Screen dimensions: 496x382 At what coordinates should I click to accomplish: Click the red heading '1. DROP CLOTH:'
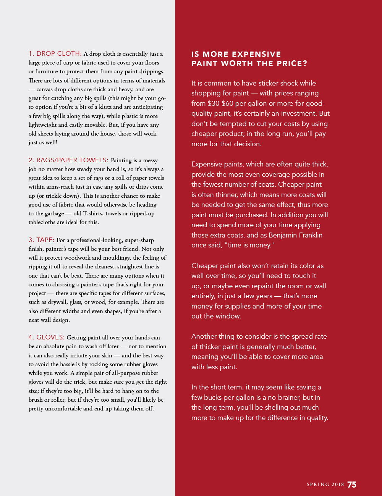pyautogui.click(x=55, y=53)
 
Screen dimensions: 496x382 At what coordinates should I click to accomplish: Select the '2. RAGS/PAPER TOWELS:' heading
pyautogui.click(x=68, y=160)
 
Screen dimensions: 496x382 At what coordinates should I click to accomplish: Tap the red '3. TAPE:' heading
pyautogui.click(x=41, y=240)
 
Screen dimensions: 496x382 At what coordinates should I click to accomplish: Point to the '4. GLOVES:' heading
pyautogui.click(x=47, y=337)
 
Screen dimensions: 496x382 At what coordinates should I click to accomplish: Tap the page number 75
pyautogui.click(x=352, y=485)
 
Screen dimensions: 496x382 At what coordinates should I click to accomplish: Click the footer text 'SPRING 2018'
pyautogui.click(x=325, y=485)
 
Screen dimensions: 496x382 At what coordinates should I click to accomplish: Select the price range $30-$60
pyautogui.click(x=220, y=103)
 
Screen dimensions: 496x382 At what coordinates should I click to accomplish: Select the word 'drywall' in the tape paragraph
pyautogui.click(x=52, y=302)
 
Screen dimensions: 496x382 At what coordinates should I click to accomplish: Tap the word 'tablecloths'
pyautogui.click(x=44, y=222)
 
